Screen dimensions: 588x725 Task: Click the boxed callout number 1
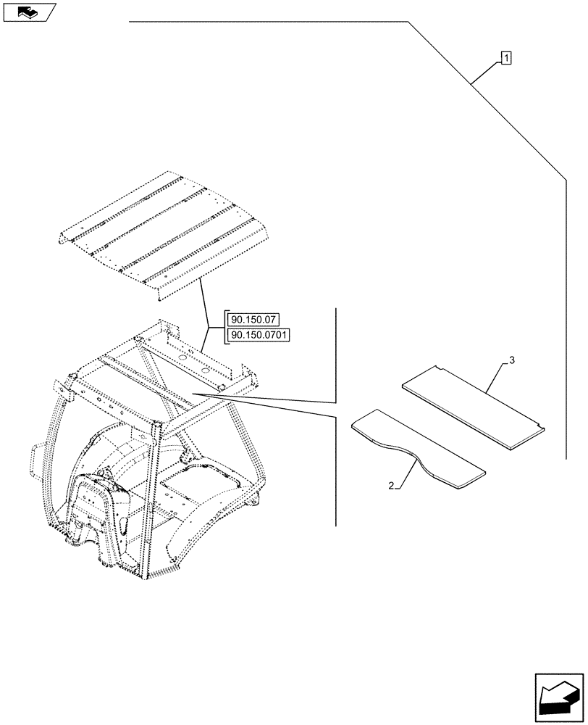tap(505, 57)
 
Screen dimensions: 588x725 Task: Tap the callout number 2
tap(392, 486)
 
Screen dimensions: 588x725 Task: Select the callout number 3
tap(512, 360)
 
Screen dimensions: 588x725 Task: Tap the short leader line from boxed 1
tap(485, 72)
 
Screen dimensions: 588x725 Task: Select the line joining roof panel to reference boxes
tap(205, 304)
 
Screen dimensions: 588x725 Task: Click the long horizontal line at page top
tap(268, 22)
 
